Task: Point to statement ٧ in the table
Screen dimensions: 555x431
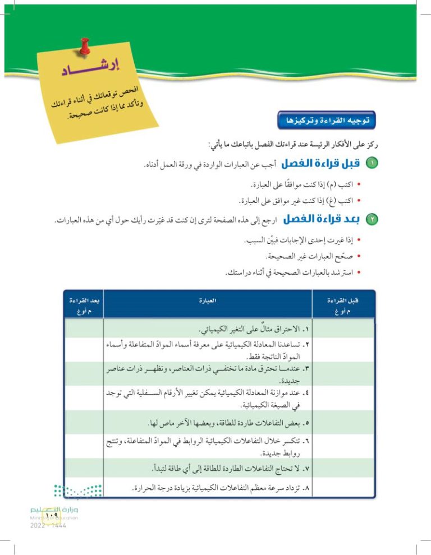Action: [223, 467]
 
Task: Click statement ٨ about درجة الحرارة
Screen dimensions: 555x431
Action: [219, 489]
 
